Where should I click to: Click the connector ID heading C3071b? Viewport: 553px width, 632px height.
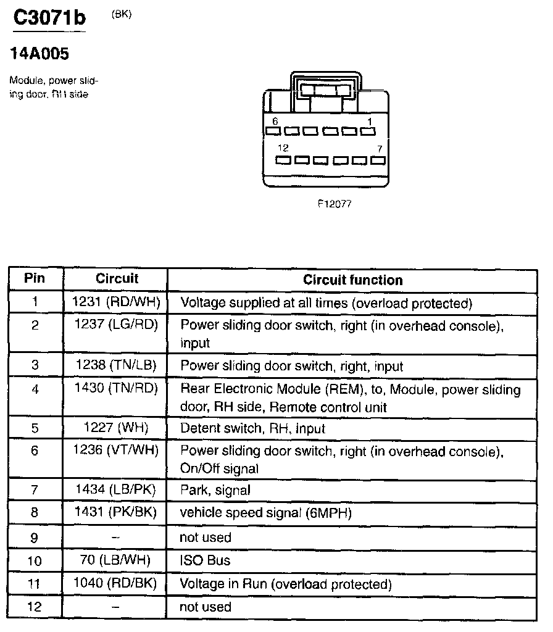pyautogui.click(x=49, y=18)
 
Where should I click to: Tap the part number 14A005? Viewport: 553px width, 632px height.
pyautogui.click(x=39, y=54)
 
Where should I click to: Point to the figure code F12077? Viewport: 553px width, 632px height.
pyautogui.click(x=334, y=204)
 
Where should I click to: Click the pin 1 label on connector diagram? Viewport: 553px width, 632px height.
pyautogui.click(x=370, y=121)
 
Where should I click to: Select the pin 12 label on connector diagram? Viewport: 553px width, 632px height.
pyautogui.click(x=283, y=148)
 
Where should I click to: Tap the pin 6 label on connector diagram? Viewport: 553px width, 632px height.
pyautogui.click(x=275, y=121)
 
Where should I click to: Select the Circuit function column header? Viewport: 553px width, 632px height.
pyautogui.click(x=352, y=280)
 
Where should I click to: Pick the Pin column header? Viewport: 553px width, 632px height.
pyautogui.click(x=35, y=278)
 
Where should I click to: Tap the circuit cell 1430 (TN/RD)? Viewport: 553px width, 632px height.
pyautogui.click(x=116, y=389)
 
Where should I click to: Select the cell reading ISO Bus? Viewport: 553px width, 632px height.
pyautogui.click(x=205, y=560)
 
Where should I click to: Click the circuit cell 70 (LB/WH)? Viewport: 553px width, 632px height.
pyautogui.click(x=116, y=560)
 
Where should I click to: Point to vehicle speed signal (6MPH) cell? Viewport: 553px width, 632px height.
pyautogui.click(x=265, y=513)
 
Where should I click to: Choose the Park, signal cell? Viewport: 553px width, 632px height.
pyautogui.click(x=215, y=491)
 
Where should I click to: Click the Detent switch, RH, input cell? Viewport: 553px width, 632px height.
pyautogui.click(x=252, y=428)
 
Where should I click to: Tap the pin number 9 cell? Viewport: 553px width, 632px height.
pyautogui.click(x=35, y=538)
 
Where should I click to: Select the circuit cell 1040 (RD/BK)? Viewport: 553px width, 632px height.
pyautogui.click(x=116, y=583)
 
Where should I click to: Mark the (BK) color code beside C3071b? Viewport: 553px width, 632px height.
pyautogui.click(x=121, y=15)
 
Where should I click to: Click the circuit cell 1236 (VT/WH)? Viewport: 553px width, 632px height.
pyautogui.click(x=116, y=451)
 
